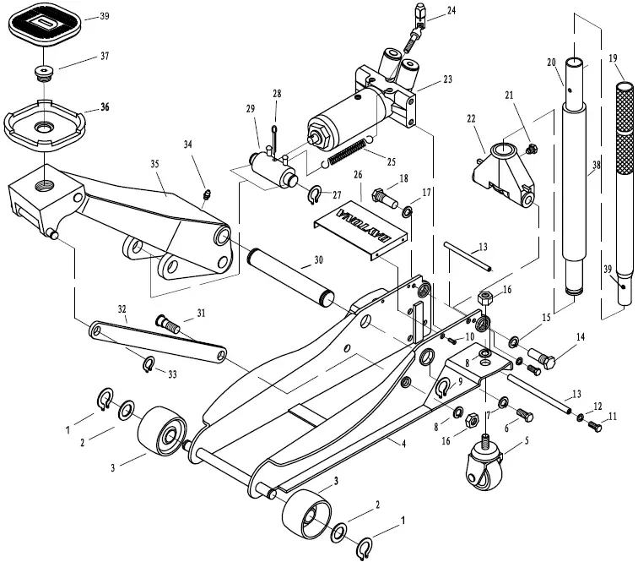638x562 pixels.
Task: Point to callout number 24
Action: (x=451, y=11)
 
